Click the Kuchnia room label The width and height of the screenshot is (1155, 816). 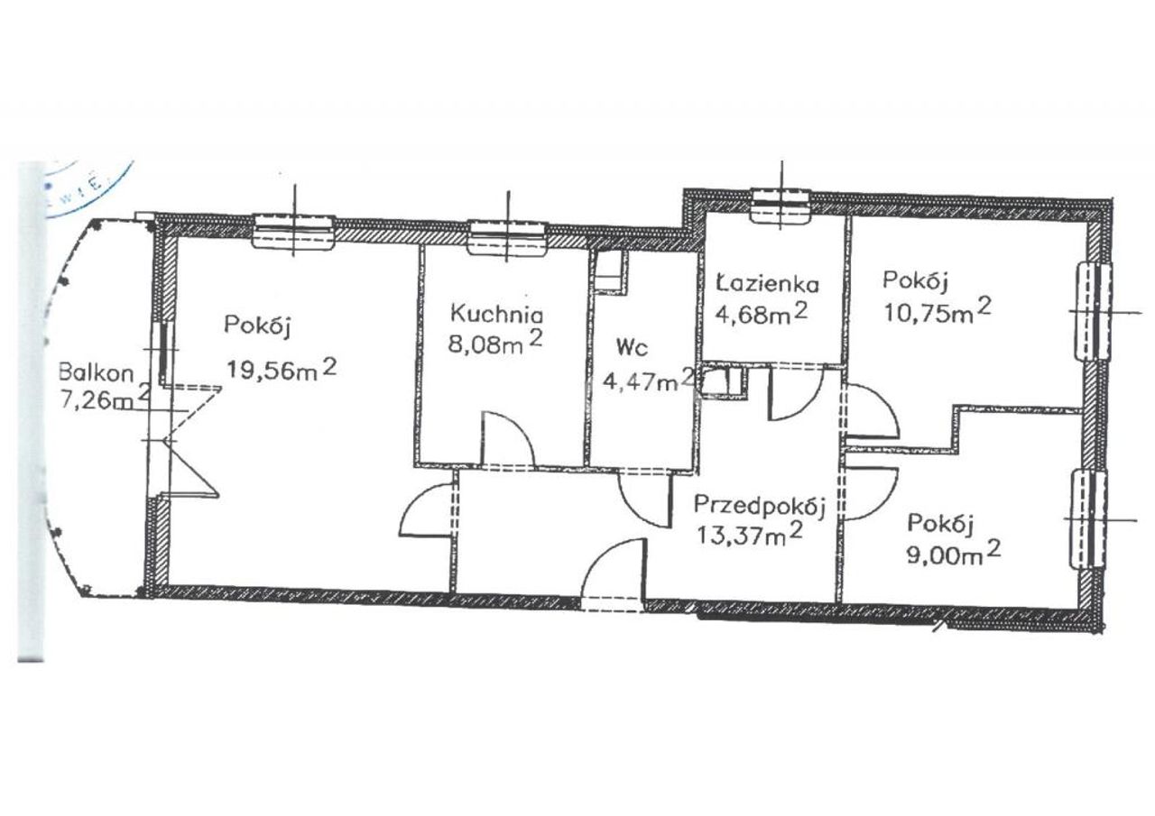(x=496, y=314)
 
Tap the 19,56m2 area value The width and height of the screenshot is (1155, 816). (x=282, y=369)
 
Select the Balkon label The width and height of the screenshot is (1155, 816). (x=96, y=372)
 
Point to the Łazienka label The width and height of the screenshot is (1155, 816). (x=768, y=283)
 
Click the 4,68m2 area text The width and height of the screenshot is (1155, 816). (x=761, y=313)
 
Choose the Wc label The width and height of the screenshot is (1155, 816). (x=632, y=349)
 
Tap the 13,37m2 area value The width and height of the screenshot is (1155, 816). (x=749, y=534)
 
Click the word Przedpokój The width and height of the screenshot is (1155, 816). (x=760, y=506)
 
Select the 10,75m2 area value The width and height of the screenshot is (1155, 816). (x=938, y=311)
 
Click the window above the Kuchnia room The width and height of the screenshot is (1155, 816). (x=507, y=237)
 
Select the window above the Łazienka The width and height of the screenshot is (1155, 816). (x=781, y=206)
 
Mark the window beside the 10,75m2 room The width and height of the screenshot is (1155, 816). (x=1093, y=311)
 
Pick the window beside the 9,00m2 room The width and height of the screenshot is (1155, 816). (x=1089, y=519)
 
